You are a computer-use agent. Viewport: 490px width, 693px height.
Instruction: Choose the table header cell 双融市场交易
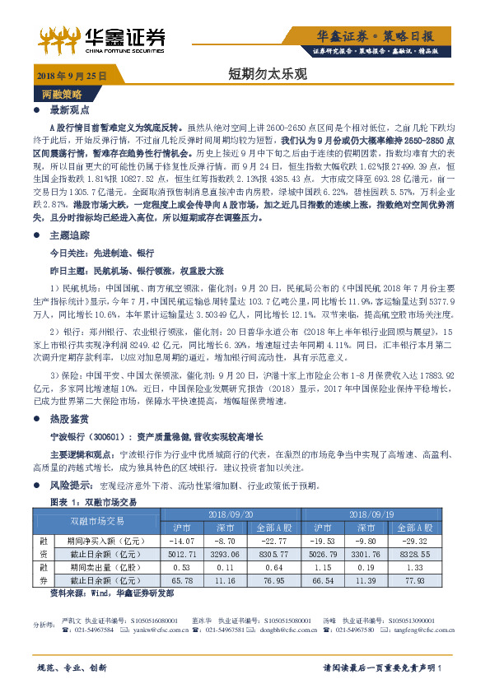[x=97, y=520]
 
